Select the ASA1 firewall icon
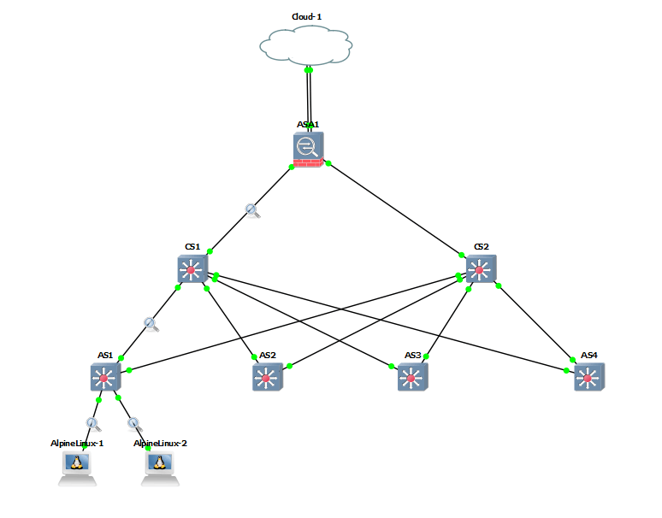coord(308,150)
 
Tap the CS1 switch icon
coord(192,271)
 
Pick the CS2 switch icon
coord(481,270)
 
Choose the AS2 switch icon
coord(267,377)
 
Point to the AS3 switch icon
coord(412,377)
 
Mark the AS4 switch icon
coord(588,377)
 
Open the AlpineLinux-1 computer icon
coord(77,466)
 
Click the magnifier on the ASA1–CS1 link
coord(252,209)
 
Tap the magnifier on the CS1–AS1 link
coord(151,323)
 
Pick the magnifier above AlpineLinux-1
coord(92,422)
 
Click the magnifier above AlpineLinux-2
coord(133,422)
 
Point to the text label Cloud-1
coord(306,15)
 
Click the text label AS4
coord(589,355)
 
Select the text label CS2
coord(482,247)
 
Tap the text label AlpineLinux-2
coord(160,444)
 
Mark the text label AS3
coord(413,355)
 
